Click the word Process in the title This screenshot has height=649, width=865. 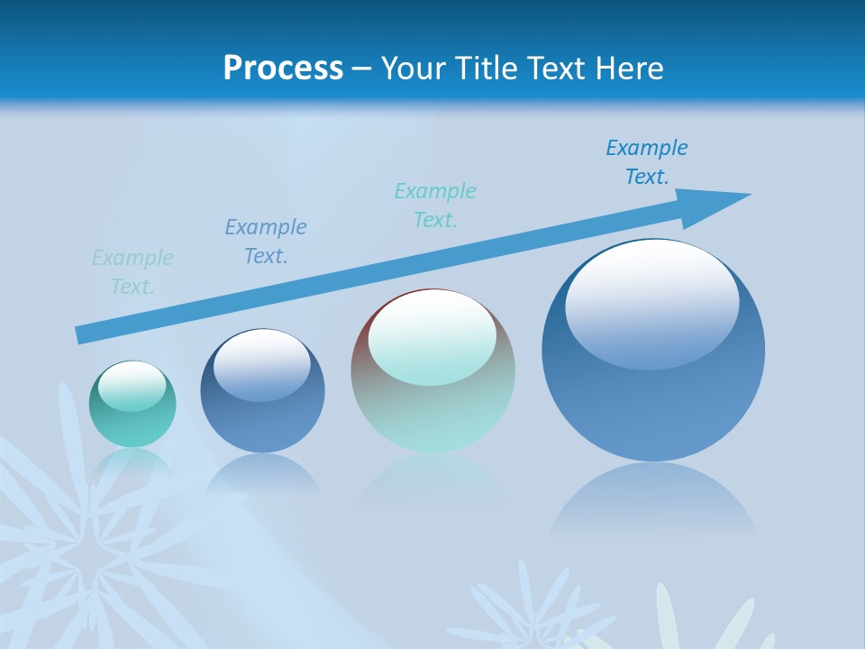pos(283,69)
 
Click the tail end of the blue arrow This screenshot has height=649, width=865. pos(83,334)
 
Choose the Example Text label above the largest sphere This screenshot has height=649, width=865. pos(647,162)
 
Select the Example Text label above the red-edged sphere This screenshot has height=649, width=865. pos(435,206)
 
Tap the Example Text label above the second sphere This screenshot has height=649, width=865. pos(266,242)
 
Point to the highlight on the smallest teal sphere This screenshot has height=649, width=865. pos(132,386)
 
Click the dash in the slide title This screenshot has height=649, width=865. pos(362,69)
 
